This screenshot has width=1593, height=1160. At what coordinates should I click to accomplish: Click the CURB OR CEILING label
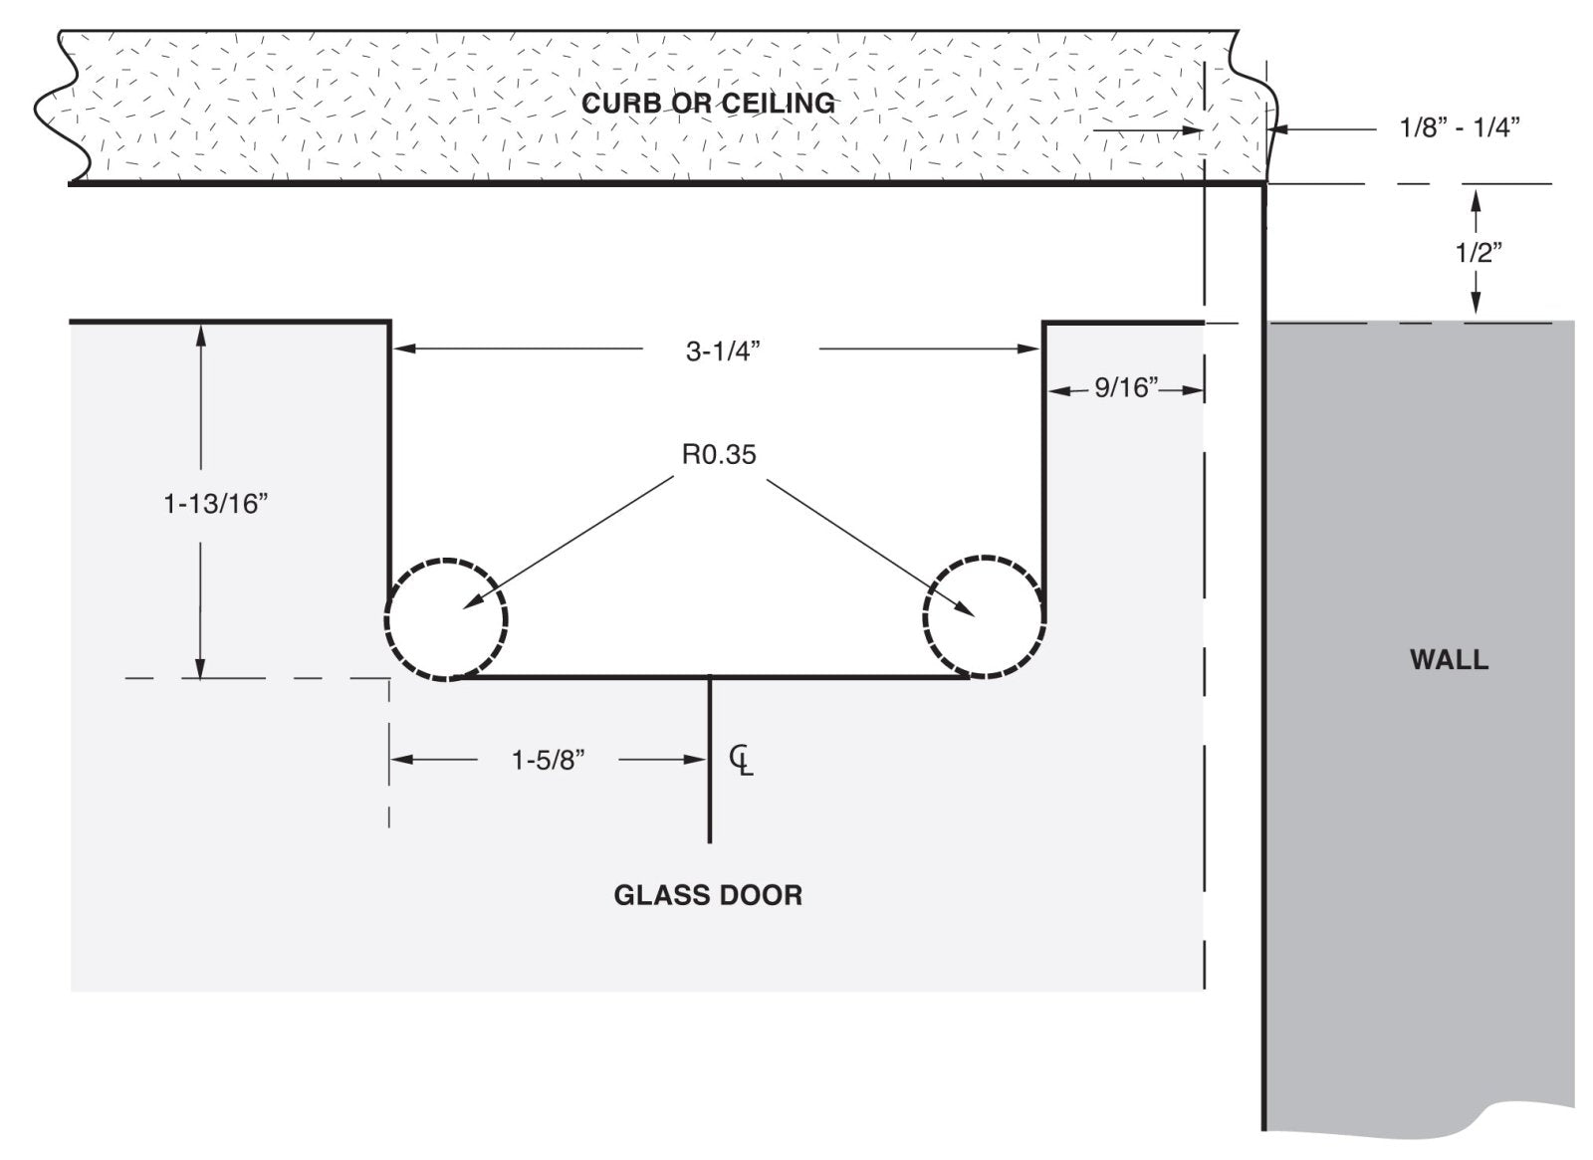pos(708,103)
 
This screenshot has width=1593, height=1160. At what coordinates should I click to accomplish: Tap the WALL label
pos(1449,659)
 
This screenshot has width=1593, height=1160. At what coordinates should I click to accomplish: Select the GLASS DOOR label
pos(708,895)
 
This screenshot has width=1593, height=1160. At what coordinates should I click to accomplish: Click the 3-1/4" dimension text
pos(723,350)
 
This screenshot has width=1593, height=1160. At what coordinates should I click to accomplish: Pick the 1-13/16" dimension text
pos(216,504)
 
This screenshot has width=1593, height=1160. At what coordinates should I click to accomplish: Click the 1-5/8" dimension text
pos(548,761)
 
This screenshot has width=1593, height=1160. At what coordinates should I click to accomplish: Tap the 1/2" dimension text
pos(1479,253)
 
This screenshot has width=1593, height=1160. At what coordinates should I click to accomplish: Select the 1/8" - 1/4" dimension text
pos(1460,127)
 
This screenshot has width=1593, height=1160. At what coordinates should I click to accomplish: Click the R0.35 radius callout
pos(719,454)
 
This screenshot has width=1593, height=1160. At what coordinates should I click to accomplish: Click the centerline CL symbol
pos(742,760)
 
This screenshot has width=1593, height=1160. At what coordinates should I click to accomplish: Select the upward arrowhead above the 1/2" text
pos(1477,199)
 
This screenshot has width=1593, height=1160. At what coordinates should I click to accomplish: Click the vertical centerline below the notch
pos(710,797)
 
